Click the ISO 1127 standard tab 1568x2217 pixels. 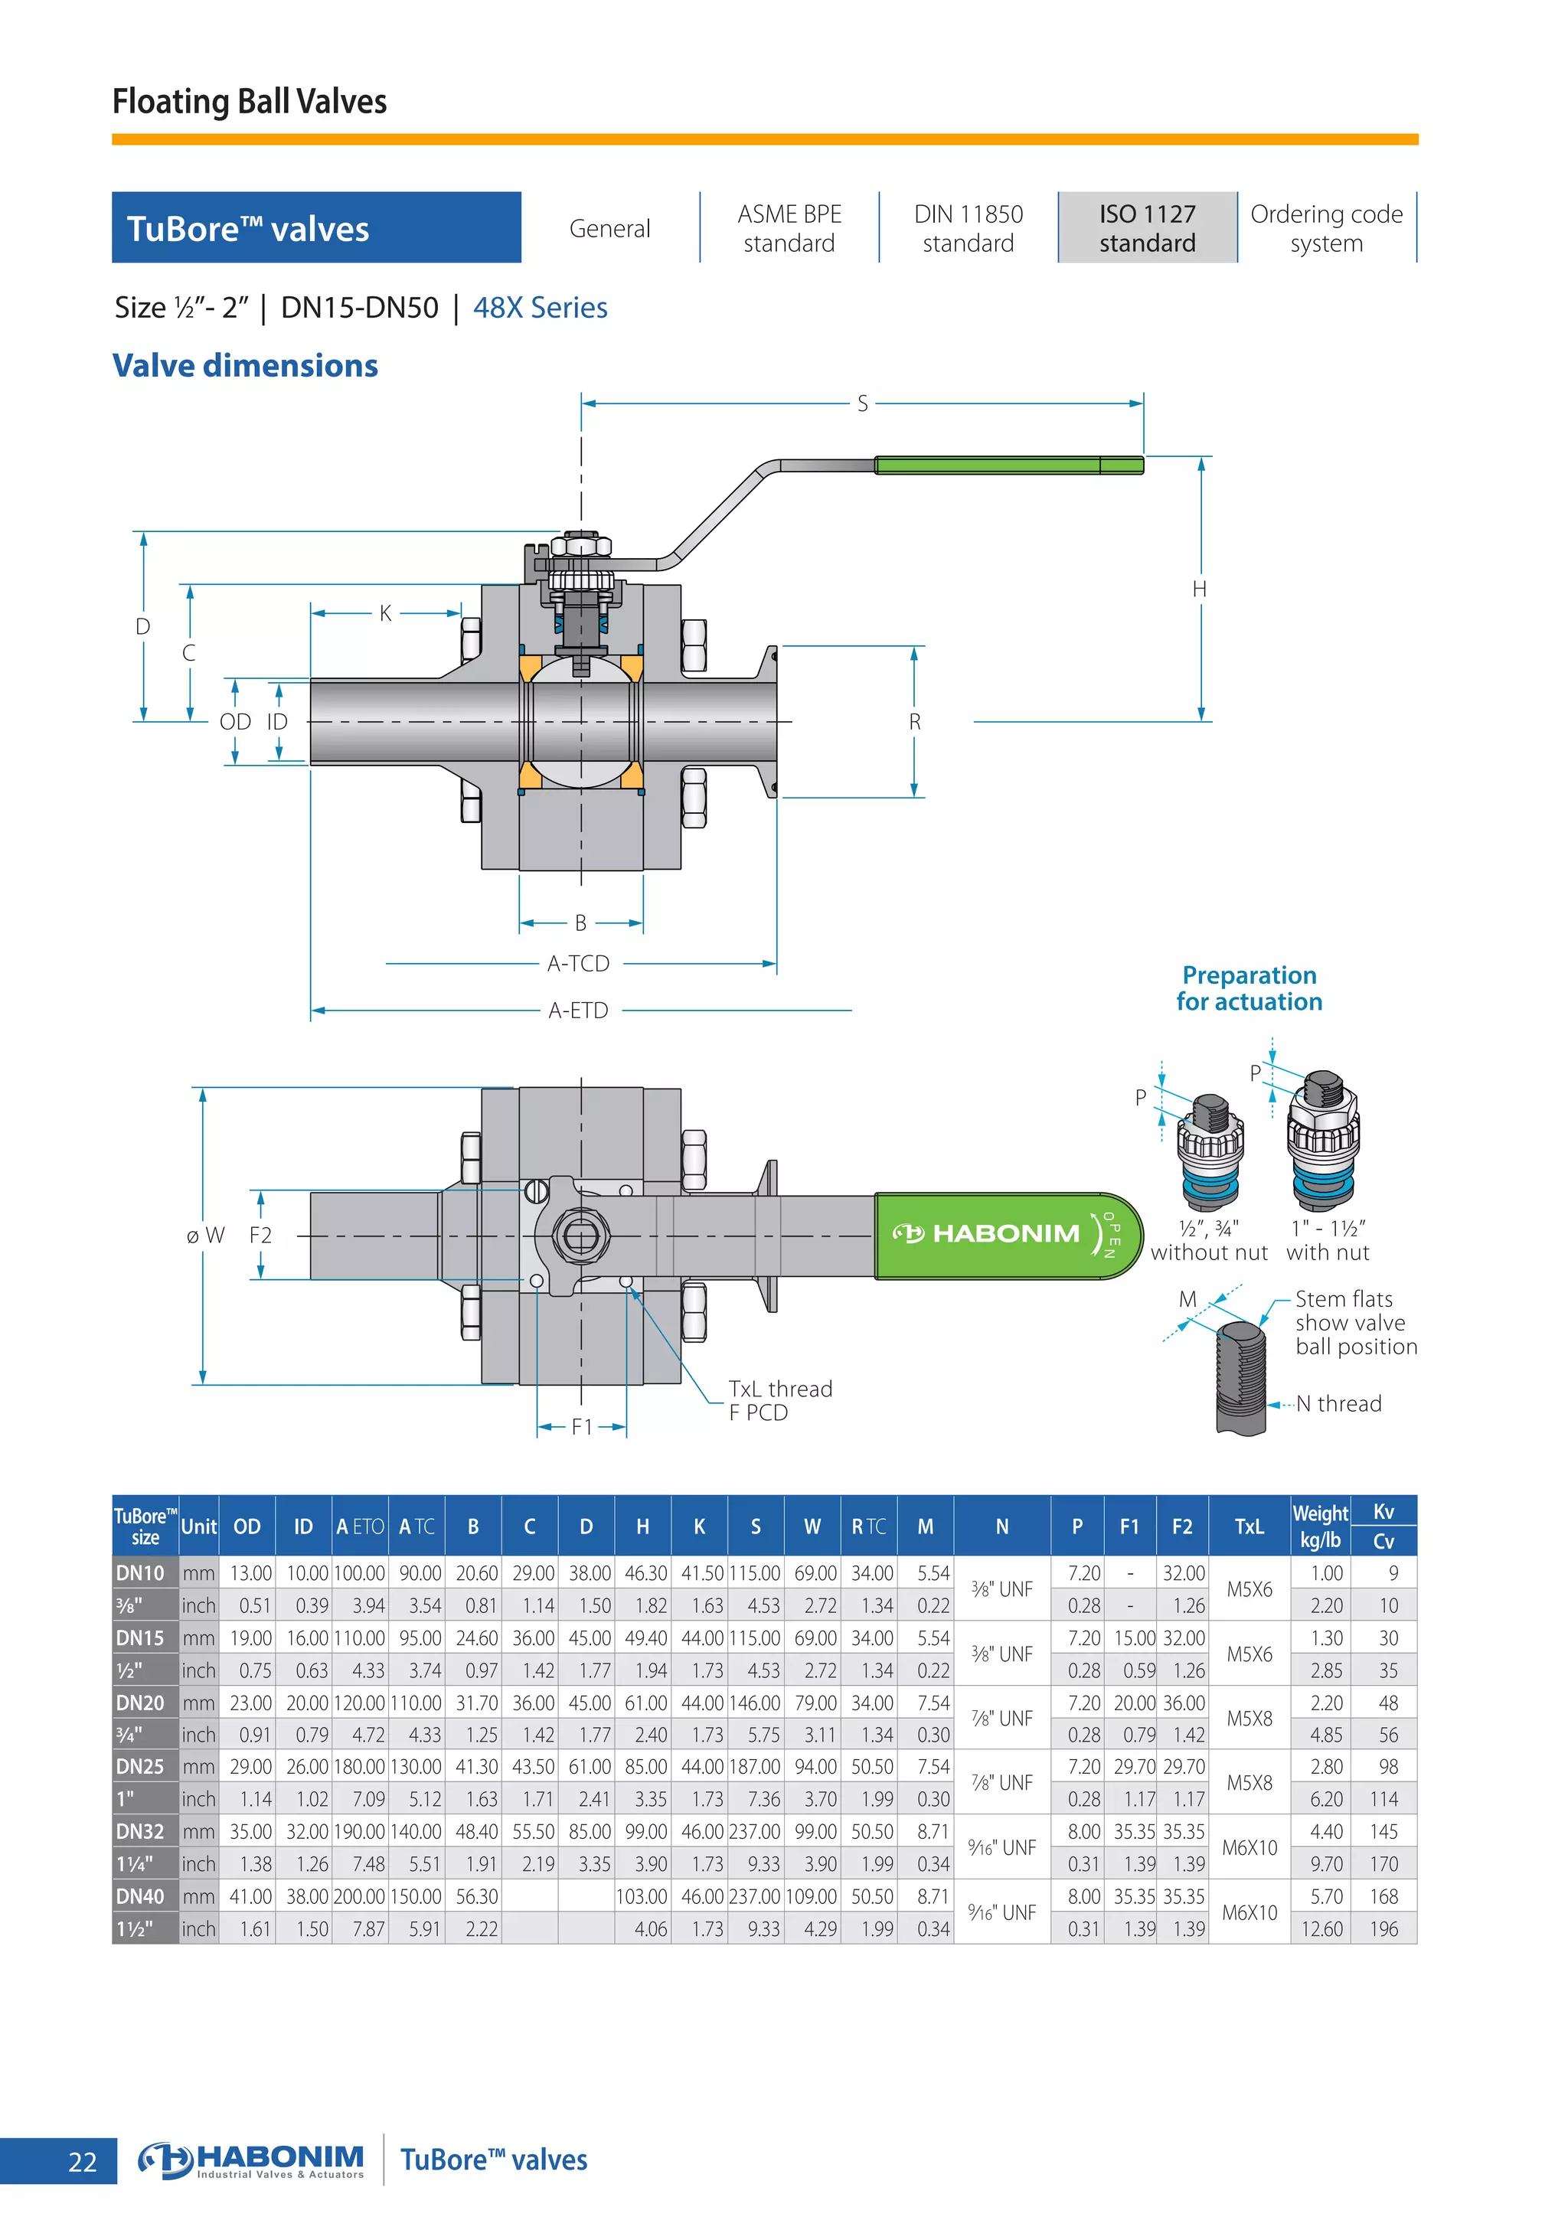click(x=1147, y=228)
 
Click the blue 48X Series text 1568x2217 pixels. click(x=540, y=308)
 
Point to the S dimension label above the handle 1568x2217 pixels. click(x=862, y=403)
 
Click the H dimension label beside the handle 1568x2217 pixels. click(x=1199, y=589)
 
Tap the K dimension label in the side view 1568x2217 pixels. click(x=385, y=613)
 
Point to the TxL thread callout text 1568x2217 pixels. click(x=779, y=1389)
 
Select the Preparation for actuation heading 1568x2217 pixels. click(x=1249, y=988)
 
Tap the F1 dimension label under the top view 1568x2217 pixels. click(x=581, y=1427)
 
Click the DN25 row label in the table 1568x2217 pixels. click(x=141, y=1766)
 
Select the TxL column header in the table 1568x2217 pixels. click(x=1249, y=1526)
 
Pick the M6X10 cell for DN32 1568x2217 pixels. click(x=1249, y=1847)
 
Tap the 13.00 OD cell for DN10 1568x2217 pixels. click(x=250, y=1573)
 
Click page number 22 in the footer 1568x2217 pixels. click(x=83, y=2162)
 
